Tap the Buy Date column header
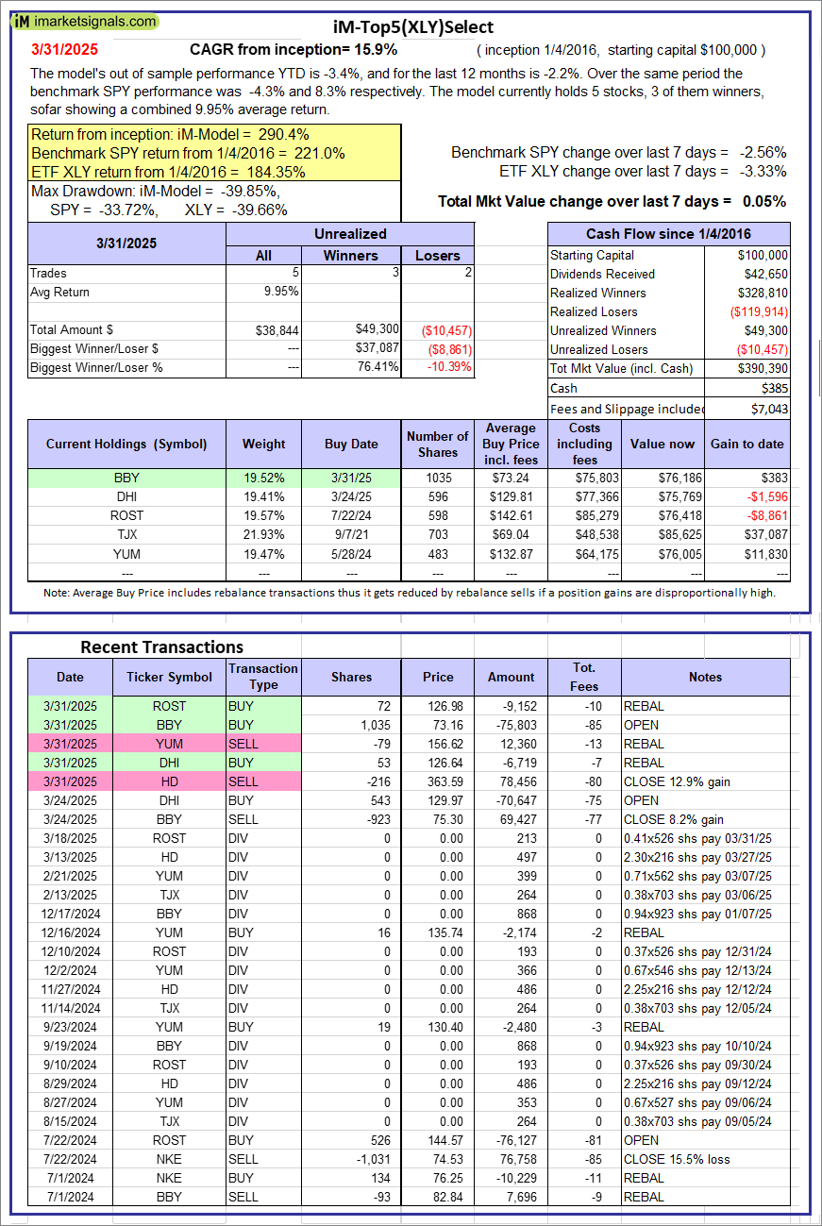[x=350, y=444]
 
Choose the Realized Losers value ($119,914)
[x=758, y=311]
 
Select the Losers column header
[x=437, y=255]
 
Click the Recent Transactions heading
[x=161, y=647]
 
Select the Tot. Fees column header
[x=583, y=677]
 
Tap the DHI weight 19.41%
[x=263, y=496]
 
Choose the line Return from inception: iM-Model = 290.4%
[x=170, y=135]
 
